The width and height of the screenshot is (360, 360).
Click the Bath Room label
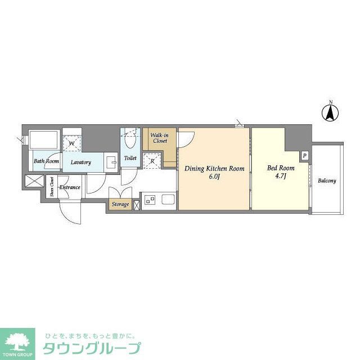[x=46, y=161]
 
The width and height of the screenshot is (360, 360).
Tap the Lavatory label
[x=81, y=162]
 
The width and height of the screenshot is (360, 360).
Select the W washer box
[x=71, y=143]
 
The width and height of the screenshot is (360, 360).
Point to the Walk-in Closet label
[x=159, y=138]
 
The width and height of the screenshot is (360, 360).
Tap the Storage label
[x=120, y=204]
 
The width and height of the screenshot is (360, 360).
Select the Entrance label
[x=70, y=187]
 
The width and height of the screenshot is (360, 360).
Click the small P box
[x=304, y=156]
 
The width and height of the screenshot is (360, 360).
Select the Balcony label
[x=327, y=181]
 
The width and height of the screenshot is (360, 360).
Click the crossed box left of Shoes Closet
[x=34, y=182]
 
